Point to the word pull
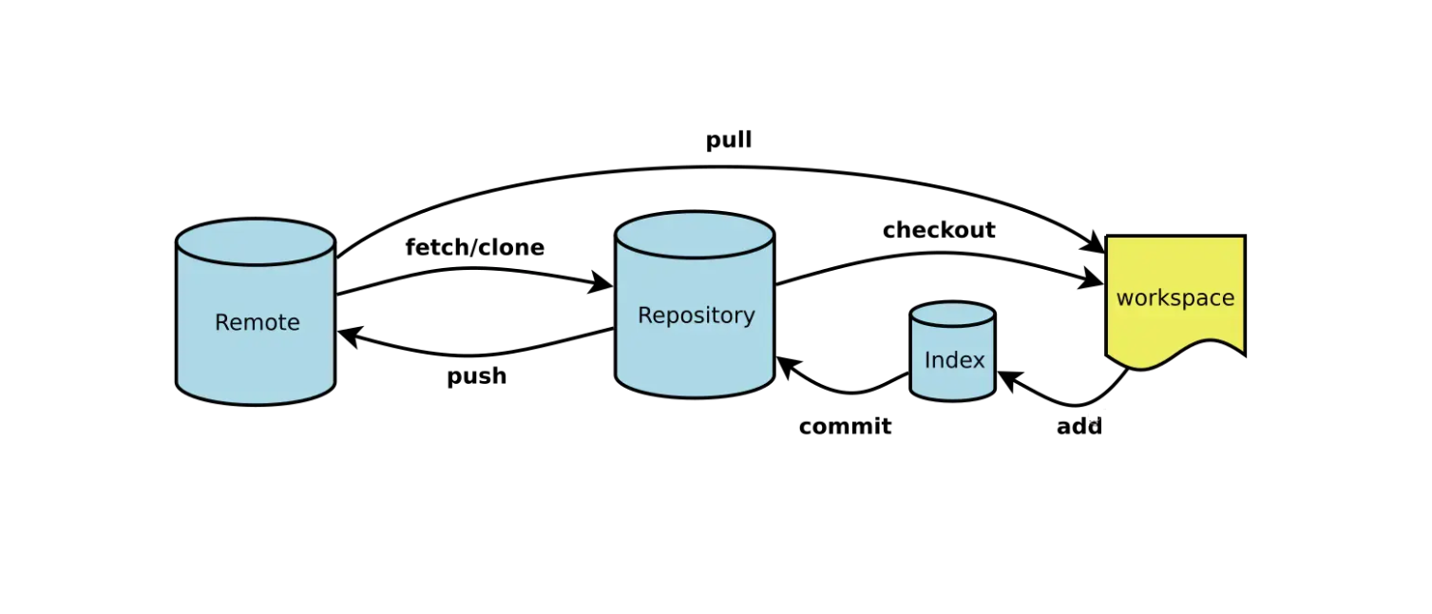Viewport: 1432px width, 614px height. click(x=729, y=141)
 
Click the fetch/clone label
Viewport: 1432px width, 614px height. click(x=474, y=248)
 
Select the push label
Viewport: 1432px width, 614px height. click(x=476, y=376)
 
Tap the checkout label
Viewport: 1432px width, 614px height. click(x=938, y=230)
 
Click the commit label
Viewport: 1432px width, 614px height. click(x=845, y=427)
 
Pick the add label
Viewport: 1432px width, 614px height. click(x=1079, y=427)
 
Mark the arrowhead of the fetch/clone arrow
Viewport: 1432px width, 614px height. click(x=602, y=282)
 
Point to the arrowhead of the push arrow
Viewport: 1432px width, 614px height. click(x=349, y=336)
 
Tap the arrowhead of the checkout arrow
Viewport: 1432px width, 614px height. click(x=1092, y=279)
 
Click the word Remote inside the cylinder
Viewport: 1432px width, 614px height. click(x=257, y=323)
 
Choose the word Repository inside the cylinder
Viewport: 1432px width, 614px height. click(x=696, y=316)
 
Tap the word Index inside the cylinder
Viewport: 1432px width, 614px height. click(x=954, y=360)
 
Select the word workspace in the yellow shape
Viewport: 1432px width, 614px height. click(x=1174, y=298)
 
